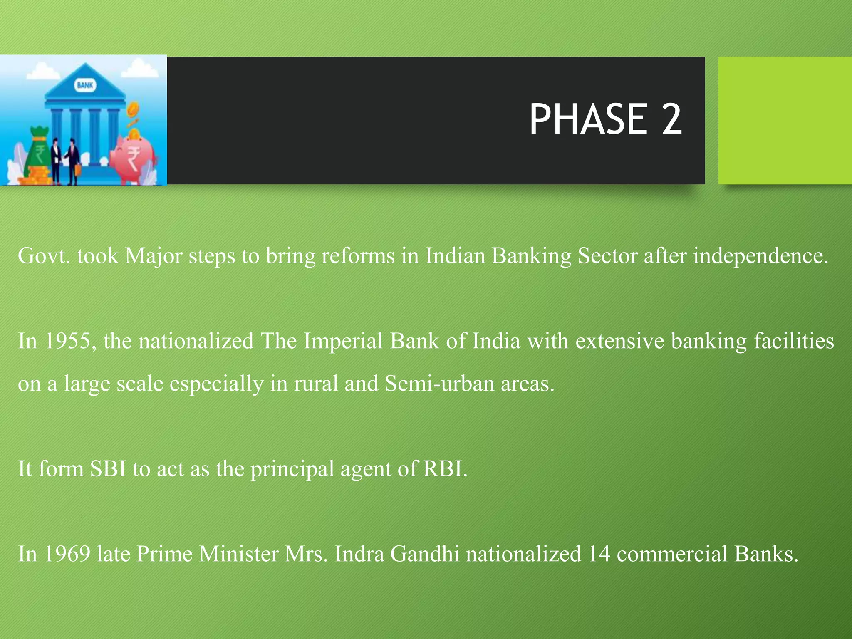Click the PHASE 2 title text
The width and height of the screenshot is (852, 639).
tap(605, 120)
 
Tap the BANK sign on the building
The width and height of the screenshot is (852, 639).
tap(85, 85)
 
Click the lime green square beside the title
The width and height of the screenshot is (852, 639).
tap(785, 121)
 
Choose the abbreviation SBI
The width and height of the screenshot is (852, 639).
tap(108, 469)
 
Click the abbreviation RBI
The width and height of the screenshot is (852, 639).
tap(445, 469)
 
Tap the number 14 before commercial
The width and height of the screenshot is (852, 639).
tap(599, 554)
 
